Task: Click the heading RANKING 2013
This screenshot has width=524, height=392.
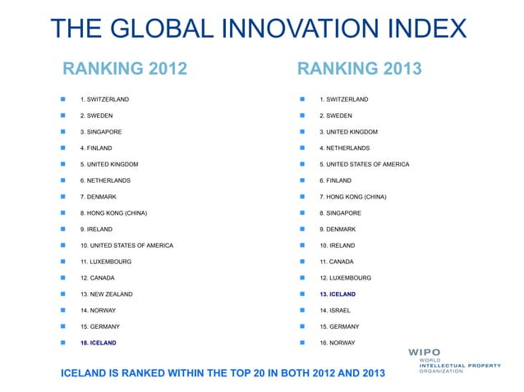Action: pos(359,67)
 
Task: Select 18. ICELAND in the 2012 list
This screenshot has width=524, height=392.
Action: pos(98,342)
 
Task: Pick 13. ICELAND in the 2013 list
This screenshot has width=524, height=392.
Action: pos(338,294)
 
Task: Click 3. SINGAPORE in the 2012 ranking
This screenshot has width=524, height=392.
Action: pos(101,132)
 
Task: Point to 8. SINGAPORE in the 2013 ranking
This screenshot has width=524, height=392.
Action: pos(340,213)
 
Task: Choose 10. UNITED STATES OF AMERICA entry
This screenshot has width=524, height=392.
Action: pos(126,245)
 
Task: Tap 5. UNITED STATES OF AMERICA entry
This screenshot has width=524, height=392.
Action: pos(364,165)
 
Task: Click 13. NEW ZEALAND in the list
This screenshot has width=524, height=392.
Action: pos(106,294)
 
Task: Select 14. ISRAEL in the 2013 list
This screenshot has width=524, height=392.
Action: pos(336,310)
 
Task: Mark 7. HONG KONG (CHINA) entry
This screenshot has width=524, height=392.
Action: pos(352,197)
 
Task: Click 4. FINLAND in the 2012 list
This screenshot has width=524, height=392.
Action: pos(96,148)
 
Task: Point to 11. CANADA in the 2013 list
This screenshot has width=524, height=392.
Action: pos(337,262)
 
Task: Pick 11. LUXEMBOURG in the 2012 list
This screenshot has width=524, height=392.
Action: pos(105,262)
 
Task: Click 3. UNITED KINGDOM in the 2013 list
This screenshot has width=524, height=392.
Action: pos(348,132)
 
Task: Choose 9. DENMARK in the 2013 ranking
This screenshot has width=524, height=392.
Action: pos(338,229)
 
